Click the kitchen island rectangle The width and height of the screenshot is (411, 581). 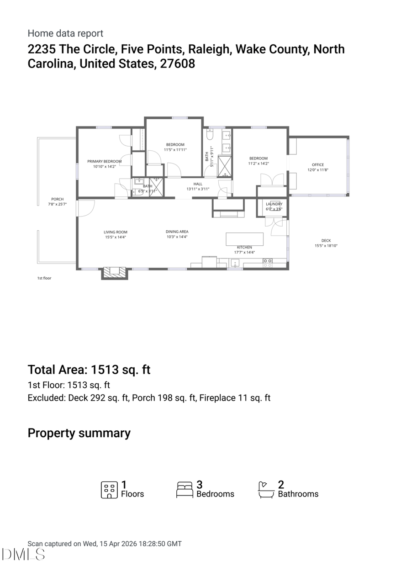(x=244, y=239)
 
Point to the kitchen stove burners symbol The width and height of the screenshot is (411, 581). (x=268, y=263)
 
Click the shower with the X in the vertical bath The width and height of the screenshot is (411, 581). (x=225, y=166)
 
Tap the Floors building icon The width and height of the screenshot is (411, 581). (x=109, y=490)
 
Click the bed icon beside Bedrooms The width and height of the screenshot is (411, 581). (x=184, y=490)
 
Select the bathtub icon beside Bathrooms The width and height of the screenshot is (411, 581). (x=266, y=490)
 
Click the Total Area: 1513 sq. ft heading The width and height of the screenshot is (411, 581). (x=89, y=370)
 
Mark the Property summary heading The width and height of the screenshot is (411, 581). (x=79, y=433)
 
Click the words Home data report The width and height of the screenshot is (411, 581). (x=65, y=33)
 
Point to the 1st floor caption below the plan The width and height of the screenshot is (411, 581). (x=44, y=278)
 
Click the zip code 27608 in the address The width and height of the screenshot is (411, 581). (x=177, y=63)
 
